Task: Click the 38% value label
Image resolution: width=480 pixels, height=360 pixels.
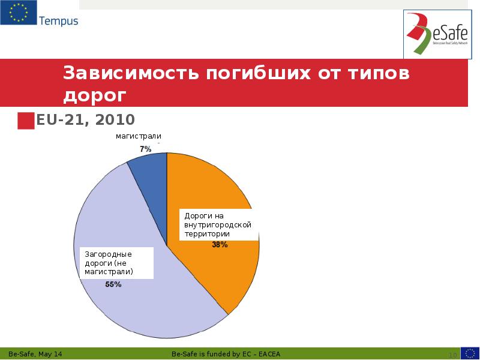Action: pyautogui.click(x=220, y=245)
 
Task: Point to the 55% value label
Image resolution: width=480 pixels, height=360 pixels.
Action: pyautogui.click(x=113, y=284)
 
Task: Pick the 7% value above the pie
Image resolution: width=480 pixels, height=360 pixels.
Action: pyautogui.click(x=145, y=148)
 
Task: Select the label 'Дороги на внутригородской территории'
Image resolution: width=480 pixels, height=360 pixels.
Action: pyautogui.click(x=217, y=224)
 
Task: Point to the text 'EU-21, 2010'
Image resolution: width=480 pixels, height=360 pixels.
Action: pyautogui.click(x=85, y=119)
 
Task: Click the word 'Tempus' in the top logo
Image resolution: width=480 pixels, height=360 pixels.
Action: pyautogui.click(x=58, y=21)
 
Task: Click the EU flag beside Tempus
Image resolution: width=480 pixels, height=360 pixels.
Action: pyautogui.click(x=17, y=13)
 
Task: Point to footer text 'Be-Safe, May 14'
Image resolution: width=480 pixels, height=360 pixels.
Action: pyautogui.click(x=35, y=354)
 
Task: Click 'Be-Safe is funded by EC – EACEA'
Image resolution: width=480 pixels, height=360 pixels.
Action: pyautogui.click(x=226, y=354)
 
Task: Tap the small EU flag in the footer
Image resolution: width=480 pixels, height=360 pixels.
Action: pyautogui.click(x=469, y=353)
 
